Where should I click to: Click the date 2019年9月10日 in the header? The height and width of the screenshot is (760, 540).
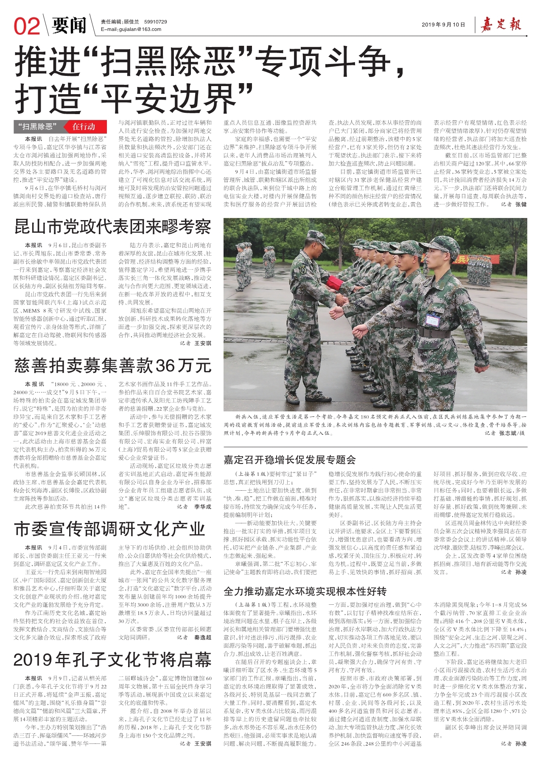443,25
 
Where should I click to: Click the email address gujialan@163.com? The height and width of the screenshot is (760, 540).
131,29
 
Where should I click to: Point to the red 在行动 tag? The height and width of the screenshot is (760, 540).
83,126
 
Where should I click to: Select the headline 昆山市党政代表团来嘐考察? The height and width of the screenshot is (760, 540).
112,227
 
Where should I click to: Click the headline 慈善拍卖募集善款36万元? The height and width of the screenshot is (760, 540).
112,365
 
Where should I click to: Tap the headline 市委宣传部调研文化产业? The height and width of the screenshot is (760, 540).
109,529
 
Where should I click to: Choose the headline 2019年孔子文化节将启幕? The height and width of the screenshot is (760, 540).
112,660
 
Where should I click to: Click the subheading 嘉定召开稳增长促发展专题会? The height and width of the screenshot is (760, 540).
290,459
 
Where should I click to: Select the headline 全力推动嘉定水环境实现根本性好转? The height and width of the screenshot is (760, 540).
305,591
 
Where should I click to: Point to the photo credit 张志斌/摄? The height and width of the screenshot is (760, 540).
512,433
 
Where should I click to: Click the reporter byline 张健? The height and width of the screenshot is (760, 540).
520,204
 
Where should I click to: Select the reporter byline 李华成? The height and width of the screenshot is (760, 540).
203,506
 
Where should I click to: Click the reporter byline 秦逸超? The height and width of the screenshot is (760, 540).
203,637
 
